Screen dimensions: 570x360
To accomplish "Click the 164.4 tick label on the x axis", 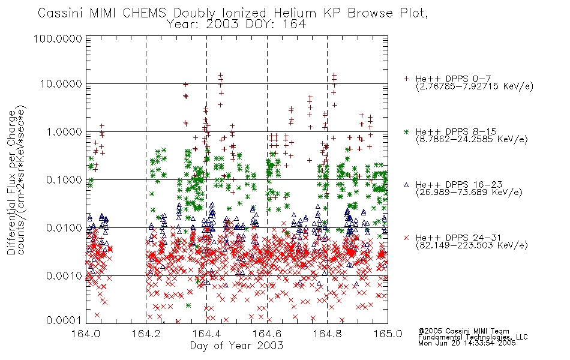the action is [x=206, y=334].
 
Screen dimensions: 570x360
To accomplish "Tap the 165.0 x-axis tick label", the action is [x=388, y=334].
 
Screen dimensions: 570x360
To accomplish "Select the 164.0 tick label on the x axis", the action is [x=86, y=334].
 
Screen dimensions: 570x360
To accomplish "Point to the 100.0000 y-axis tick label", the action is [x=58, y=38].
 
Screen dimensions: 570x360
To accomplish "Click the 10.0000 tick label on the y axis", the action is [x=61, y=84].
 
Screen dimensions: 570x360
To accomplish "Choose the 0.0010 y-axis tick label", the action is [x=64, y=276].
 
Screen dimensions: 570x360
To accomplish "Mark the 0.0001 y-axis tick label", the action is [x=64, y=320].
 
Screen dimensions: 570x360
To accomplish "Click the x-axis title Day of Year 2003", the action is [x=236, y=346].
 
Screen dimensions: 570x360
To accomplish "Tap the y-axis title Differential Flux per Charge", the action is [x=11, y=182].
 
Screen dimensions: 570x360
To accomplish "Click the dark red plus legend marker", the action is [x=406, y=79].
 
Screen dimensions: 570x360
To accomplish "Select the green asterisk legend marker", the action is [x=406, y=131].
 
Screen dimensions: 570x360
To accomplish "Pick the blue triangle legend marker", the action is [x=406, y=185].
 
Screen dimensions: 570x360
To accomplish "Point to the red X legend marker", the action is [x=406, y=238].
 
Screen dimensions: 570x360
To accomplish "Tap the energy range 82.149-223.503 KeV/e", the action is [x=472, y=245].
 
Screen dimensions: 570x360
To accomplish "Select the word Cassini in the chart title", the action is [x=61, y=13].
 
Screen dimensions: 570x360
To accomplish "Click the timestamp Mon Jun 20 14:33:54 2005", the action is [x=467, y=343].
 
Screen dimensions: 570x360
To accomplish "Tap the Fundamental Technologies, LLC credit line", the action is [x=473, y=337].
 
